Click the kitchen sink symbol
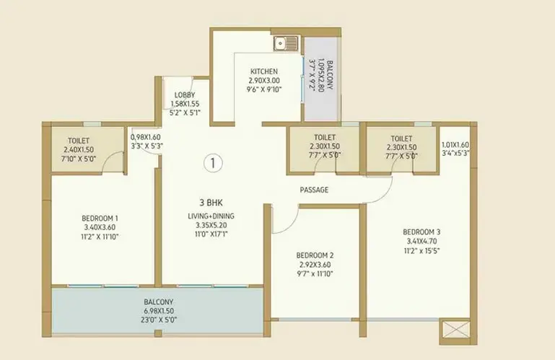point(286,43)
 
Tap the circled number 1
point(213,163)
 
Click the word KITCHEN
point(264,71)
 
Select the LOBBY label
point(185,95)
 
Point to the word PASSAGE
point(314,190)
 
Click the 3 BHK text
point(211,203)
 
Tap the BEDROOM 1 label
point(100,218)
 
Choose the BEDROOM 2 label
point(315,255)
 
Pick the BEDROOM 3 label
point(421,232)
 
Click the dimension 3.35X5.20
point(211,225)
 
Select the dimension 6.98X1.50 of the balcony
point(159,311)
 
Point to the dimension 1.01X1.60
point(455,145)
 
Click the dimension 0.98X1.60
point(146,137)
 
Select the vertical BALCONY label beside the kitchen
point(330,75)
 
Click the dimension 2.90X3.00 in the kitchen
point(264,80)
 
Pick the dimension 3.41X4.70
point(421,242)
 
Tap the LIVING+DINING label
point(211,216)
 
